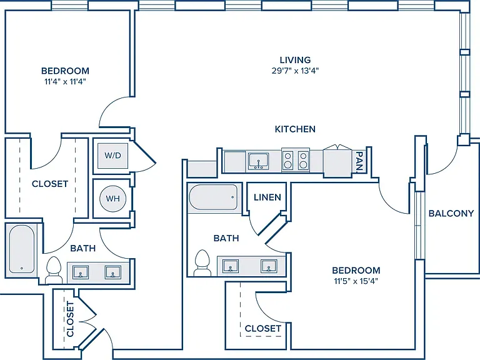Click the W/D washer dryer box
click(x=112, y=156)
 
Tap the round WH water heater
click(x=112, y=199)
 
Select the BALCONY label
click(x=451, y=213)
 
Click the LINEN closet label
click(x=267, y=197)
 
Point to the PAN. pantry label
click(x=359, y=161)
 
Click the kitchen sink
click(x=259, y=161)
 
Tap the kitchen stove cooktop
click(x=296, y=160)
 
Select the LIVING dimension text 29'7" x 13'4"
click(x=296, y=71)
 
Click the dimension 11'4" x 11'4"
click(x=65, y=82)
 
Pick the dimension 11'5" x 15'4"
click(x=356, y=281)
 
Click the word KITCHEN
click(x=295, y=129)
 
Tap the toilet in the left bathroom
click(x=54, y=270)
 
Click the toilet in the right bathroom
click(x=202, y=262)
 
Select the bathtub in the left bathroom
click(x=21, y=249)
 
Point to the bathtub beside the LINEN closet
click(x=213, y=197)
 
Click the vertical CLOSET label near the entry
click(x=70, y=319)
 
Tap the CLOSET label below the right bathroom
click(x=263, y=329)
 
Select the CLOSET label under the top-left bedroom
click(x=50, y=184)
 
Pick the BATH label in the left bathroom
click(x=83, y=248)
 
